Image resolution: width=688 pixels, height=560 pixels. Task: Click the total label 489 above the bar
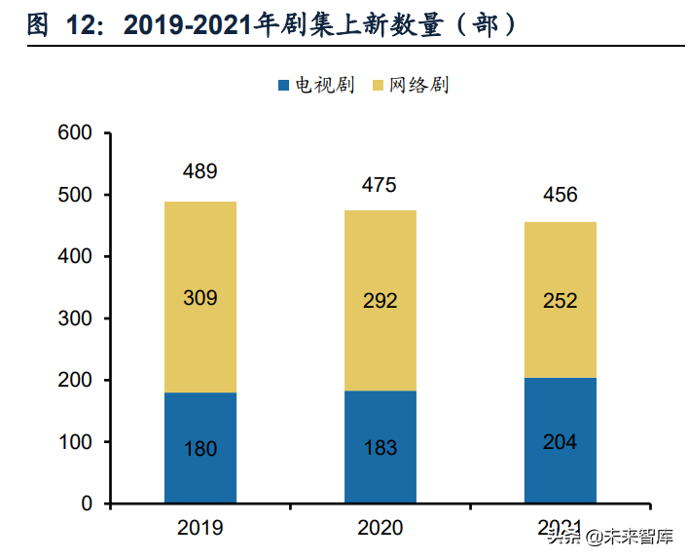pos(200,172)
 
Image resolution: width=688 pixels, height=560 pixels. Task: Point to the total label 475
pos(380,185)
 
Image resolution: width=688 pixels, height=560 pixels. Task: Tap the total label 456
pos(560,195)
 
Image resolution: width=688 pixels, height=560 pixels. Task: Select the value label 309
pos(200,298)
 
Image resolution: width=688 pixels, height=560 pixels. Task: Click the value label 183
pos(380,448)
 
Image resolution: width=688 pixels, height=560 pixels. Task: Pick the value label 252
pos(560,301)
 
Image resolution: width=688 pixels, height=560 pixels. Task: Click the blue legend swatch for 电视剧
pos(283,86)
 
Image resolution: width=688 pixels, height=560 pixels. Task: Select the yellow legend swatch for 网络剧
pos(379,86)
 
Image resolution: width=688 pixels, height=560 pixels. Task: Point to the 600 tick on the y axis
pos(75,133)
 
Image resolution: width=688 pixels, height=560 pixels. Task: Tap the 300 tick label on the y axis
pos(75,318)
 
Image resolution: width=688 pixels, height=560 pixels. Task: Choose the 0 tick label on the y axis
pos(87,504)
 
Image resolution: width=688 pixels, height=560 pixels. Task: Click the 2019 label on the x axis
pos(200,529)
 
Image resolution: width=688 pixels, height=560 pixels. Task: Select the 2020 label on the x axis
pos(380,529)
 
